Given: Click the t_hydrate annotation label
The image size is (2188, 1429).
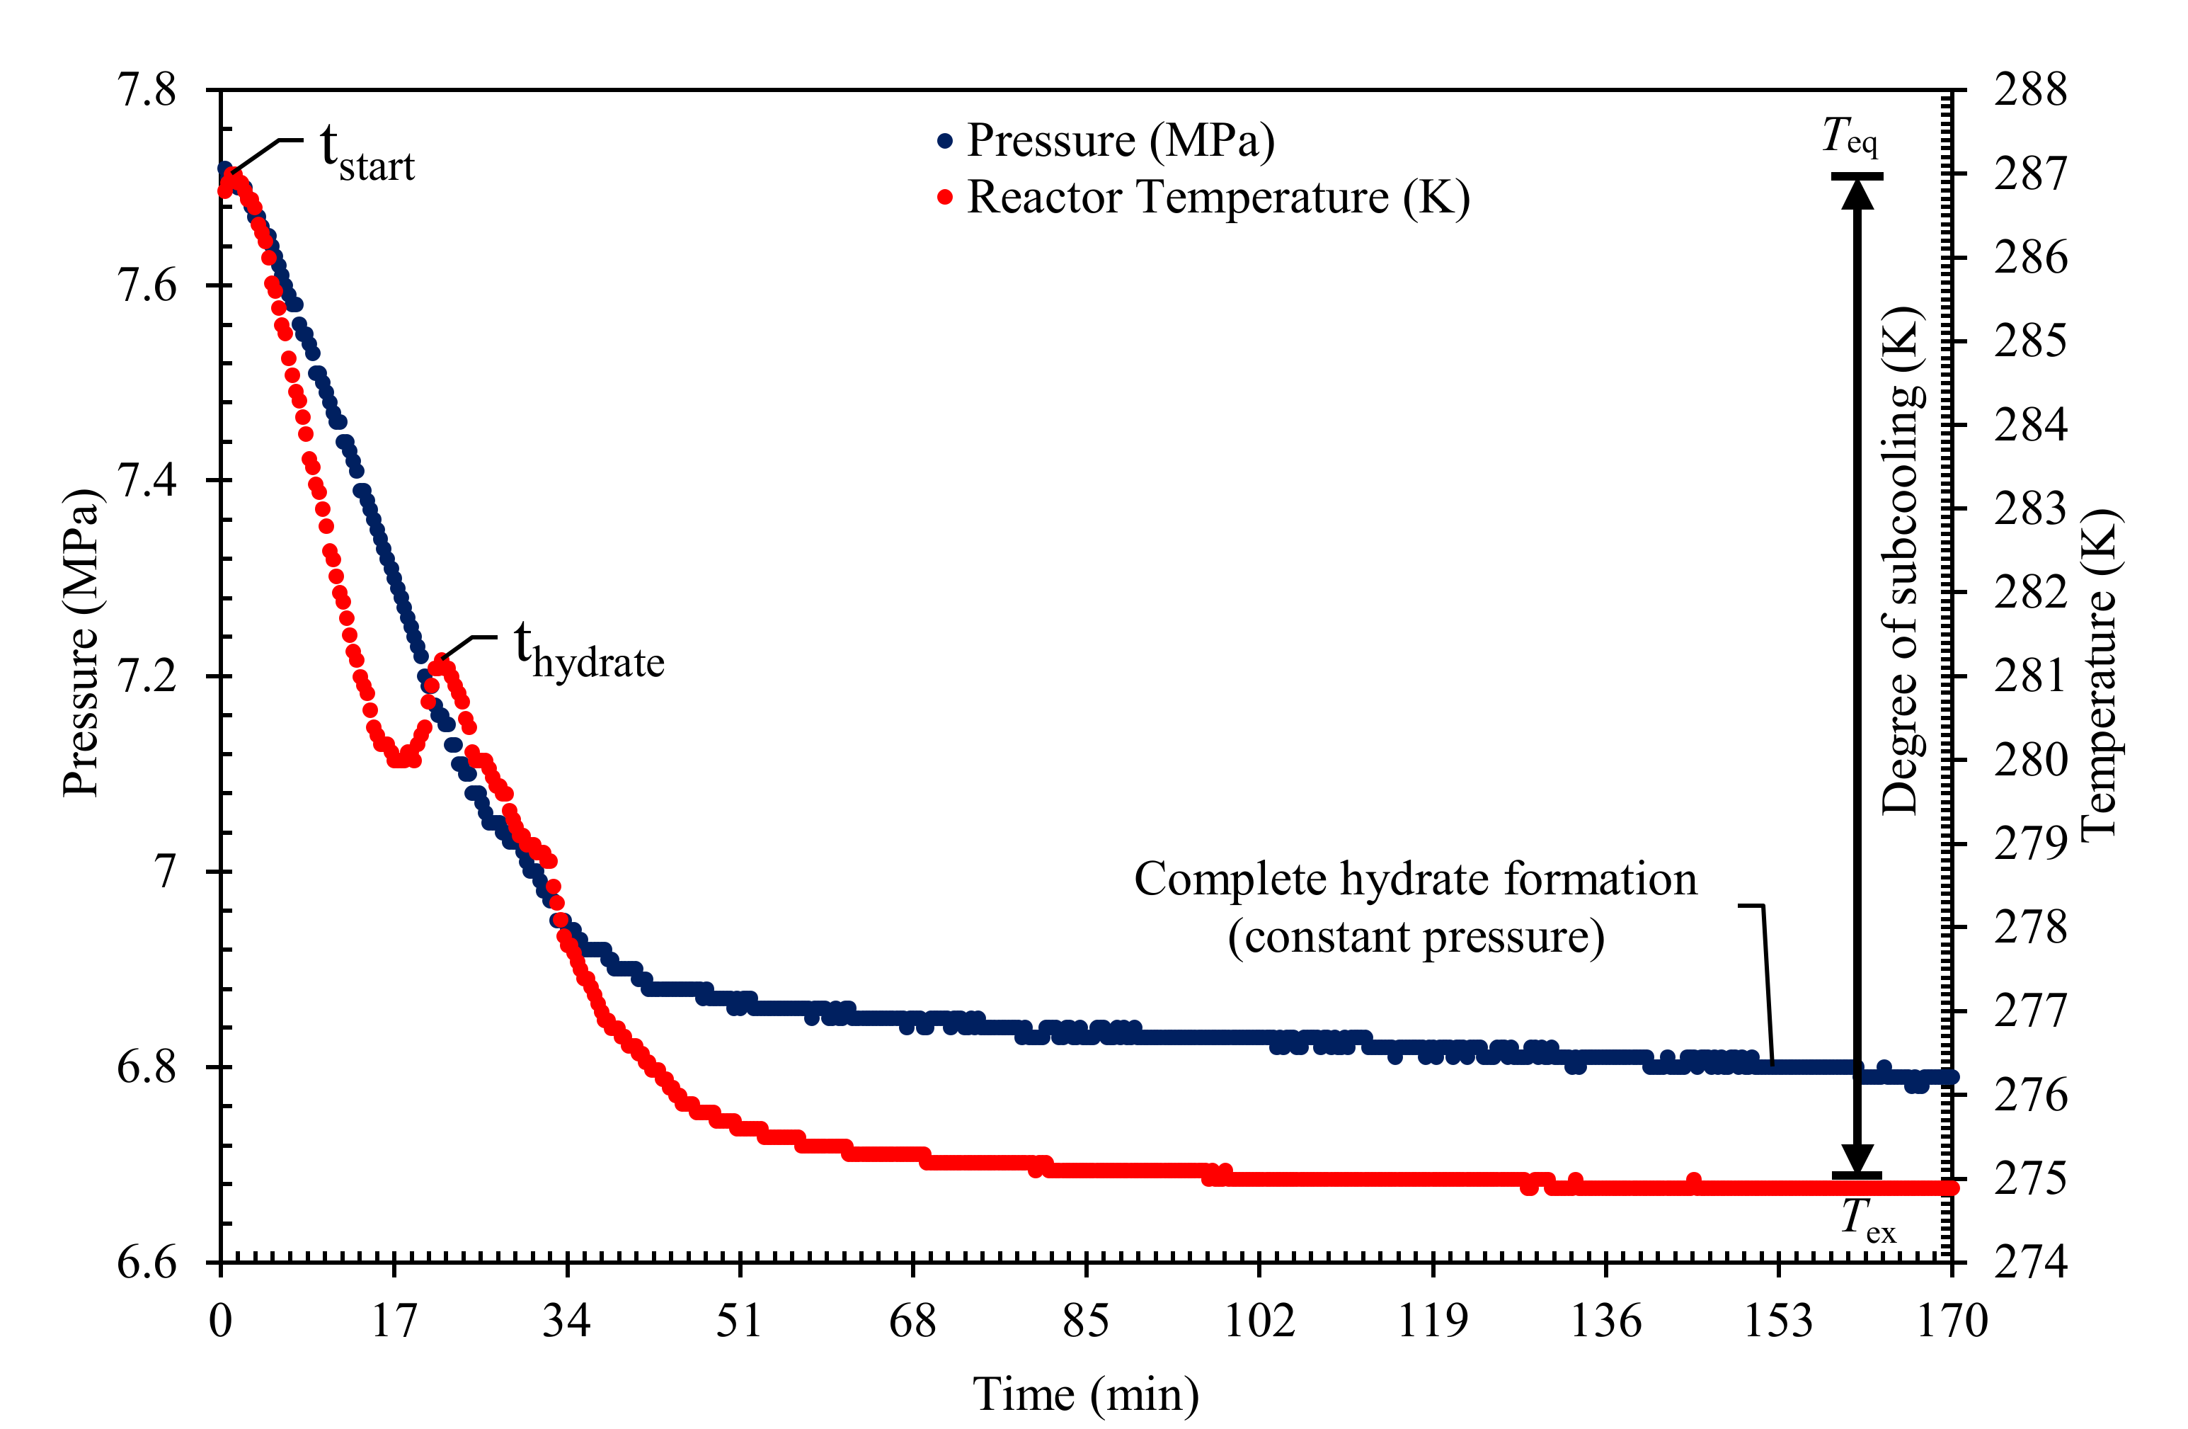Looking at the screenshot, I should tap(588, 651).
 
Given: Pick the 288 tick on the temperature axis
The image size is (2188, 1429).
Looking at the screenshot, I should tap(2030, 90).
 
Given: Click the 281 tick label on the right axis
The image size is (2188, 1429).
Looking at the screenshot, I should tap(2030, 676).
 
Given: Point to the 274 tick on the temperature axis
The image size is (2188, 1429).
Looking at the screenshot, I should tap(2030, 1262).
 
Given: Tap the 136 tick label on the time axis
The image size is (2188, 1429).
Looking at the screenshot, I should tap(1605, 1321).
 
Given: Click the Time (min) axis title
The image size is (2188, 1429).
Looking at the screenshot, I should tap(1086, 1394).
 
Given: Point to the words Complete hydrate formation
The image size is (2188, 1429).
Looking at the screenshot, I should tap(1415, 879).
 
